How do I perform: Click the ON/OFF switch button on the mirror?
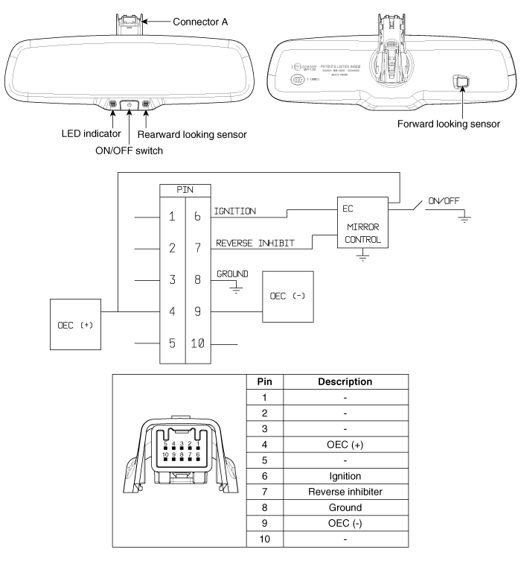130,104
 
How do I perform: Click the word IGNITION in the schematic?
235,212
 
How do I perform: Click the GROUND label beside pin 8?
232,274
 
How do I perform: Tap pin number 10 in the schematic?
199,343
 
